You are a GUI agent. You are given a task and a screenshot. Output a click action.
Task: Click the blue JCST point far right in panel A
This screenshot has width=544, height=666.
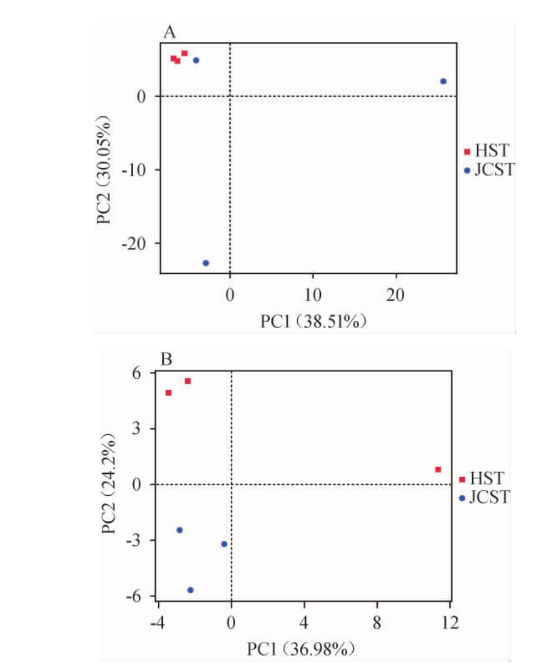tap(443, 81)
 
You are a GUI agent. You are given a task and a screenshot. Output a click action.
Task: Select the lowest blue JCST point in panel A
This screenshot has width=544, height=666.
tap(206, 263)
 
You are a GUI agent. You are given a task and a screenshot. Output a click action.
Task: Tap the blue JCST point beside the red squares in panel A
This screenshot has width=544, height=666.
tap(196, 60)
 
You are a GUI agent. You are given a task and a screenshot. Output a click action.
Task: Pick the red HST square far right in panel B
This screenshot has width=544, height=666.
tap(438, 470)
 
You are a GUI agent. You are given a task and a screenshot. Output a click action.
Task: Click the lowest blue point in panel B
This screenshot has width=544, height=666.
tap(190, 590)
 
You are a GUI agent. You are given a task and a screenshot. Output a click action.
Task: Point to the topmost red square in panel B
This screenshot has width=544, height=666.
tap(188, 381)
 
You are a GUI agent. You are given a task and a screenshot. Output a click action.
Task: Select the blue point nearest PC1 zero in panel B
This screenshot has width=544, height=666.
tap(224, 544)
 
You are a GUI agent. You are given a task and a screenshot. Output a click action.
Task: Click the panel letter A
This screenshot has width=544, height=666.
tap(169, 32)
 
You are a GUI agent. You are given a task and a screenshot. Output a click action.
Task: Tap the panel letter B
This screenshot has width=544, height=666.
tap(166, 360)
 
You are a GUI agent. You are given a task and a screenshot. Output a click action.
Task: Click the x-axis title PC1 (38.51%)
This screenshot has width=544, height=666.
tap(313, 322)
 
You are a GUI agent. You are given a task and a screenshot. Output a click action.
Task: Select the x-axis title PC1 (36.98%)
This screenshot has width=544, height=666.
tap(301, 649)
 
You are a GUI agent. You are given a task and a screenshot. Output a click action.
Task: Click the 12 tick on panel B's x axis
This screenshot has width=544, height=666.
tap(450, 620)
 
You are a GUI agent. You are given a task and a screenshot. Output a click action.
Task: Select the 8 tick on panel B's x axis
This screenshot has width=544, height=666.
tap(377, 620)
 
